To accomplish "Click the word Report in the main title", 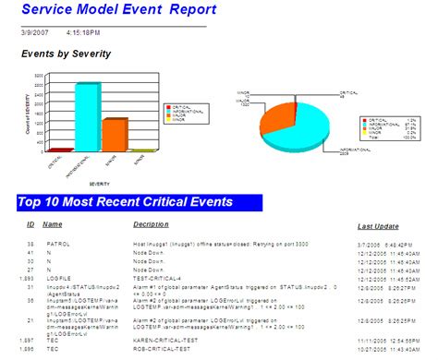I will point(192,11).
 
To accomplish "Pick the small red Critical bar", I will point(61,149).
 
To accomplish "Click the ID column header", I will point(30,223).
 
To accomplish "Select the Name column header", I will point(53,223).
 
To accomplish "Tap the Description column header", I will point(152,223).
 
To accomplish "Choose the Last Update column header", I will point(378,225).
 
